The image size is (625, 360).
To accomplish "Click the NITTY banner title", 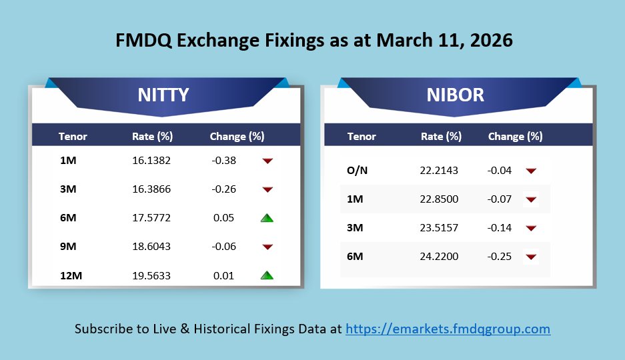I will click(x=163, y=95).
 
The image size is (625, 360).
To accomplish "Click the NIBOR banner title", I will click(x=456, y=95).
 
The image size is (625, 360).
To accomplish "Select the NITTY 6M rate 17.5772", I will click(x=151, y=218).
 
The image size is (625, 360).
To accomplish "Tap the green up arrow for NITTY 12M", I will click(x=267, y=275).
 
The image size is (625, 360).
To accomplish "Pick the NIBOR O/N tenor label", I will click(x=357, y=171).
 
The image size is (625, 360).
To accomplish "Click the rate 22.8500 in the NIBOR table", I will click(x=440, y=199).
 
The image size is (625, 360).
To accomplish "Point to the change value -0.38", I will click(x=224, y=161).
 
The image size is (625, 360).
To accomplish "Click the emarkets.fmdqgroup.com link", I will click(x=448, y=329).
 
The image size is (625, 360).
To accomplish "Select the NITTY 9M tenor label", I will click(x=67, y=247).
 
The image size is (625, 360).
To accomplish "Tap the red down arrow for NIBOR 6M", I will click(x=531, y=257).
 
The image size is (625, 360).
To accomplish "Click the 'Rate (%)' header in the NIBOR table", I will click(x=441, y=137).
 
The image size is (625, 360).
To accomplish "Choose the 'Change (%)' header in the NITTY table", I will click(x=237, y=137).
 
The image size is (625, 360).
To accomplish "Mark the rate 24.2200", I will click(x=440, y=257).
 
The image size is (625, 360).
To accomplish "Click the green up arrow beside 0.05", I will click(x=267, y=218).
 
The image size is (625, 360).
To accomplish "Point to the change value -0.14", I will click(x=500, y=228).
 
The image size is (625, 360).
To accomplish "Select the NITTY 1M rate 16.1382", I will click(x=151, y=161).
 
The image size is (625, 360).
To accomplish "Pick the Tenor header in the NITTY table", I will click(x=73, y=137).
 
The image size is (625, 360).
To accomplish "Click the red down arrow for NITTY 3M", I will click(x=267, y=189).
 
